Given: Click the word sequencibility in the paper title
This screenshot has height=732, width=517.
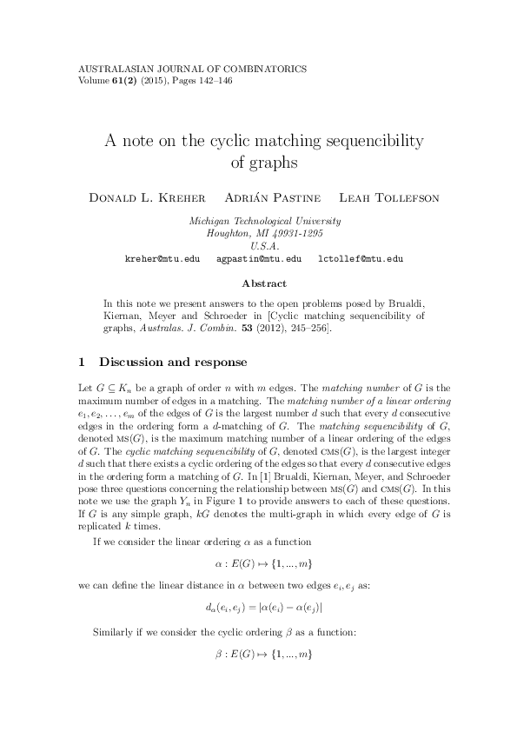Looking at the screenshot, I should click(x=364, y=140).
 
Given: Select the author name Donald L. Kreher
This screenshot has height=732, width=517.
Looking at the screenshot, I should click(x=144, y=197).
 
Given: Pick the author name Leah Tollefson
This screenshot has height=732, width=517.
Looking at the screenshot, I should click(x=389, y=197).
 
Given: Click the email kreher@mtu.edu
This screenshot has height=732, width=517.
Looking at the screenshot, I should click(x=162, y=259).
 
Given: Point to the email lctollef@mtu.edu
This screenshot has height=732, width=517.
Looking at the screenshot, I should click(x=360, y=259).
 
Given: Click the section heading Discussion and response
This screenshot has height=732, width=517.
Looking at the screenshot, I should click(x=173, y=362).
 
